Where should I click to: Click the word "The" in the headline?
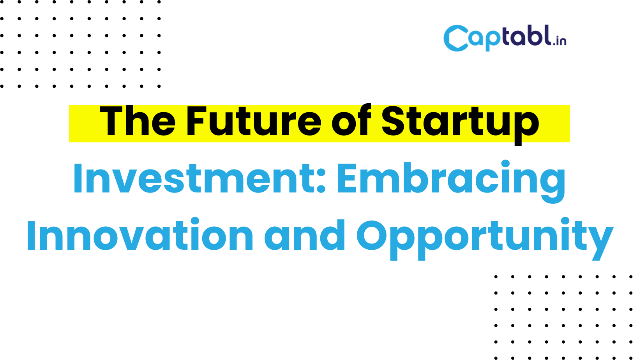(138, 121)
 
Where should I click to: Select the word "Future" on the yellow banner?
(254, 121)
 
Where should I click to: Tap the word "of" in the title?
(351, 120)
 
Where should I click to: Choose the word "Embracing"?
(451, 182)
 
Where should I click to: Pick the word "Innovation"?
(140, 235)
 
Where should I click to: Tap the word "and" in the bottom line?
(305, 235)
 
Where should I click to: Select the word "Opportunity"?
(485, 239)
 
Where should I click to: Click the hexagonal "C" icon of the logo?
(456, 38)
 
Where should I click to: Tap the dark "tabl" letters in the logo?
(527, 35)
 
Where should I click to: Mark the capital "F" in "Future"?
(196, 121)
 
